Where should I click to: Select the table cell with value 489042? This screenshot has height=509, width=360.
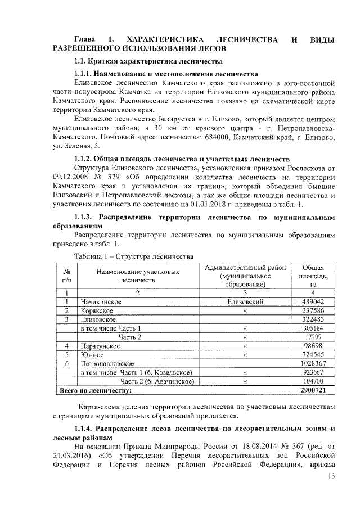coord(312,301)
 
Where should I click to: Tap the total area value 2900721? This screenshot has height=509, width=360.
coord(312,390)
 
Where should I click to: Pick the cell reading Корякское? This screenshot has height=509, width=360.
coord(97,310)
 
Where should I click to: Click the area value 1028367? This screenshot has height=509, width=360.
coord(312,363)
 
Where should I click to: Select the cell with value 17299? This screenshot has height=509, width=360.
coord(312,336)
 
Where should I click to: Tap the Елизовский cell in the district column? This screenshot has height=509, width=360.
coord(245,301)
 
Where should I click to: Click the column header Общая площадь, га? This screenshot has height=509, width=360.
coord(312,276)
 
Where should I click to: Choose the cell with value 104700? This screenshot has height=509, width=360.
coord(312,381)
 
